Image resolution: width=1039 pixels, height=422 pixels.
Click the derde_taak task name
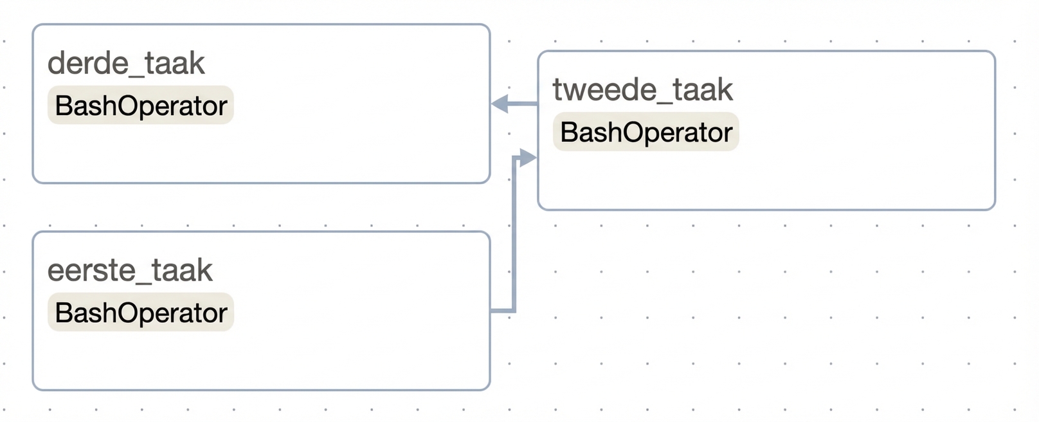coord(126,64)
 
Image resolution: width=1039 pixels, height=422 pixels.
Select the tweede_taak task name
coord(642,90)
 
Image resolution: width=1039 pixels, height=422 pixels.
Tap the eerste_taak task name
coord(130,271)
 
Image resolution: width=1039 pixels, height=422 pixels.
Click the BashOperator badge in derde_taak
coord(141,105)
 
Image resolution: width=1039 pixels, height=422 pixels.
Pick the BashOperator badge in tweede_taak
coord(646,132)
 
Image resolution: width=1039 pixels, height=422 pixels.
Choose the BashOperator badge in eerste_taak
coord(141,312)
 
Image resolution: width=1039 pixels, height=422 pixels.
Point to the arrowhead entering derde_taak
coord(500,104)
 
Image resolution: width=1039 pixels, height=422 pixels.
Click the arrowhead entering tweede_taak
coord(528,158)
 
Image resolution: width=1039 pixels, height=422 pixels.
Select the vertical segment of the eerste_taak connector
coord(514,234)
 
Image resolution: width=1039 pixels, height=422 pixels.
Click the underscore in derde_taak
coord(135,75)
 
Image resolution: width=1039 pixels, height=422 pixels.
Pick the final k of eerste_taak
coord(205,270)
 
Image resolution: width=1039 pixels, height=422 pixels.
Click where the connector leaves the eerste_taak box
coord(491,310)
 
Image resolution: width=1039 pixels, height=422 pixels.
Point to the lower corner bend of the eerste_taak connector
coord(514,310)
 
